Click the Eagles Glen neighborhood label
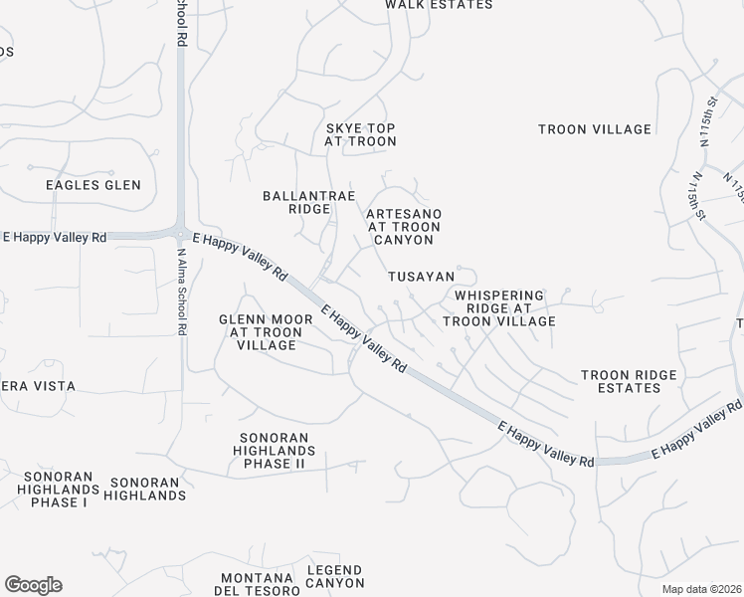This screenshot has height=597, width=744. click(93, 185)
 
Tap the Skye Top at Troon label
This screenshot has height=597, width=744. click(360, 135)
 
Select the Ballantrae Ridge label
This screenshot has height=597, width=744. click(295, 202)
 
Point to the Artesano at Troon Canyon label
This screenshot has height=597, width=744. click(403, 227)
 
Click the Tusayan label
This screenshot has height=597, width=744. click(422, 277)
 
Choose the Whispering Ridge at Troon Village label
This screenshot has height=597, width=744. click(498, 308)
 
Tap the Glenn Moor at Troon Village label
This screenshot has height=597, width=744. click(259, 332)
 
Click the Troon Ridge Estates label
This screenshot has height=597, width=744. click(629, 382)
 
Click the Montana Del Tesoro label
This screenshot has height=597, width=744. click(256, 584)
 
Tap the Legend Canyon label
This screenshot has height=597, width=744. click(335, 577)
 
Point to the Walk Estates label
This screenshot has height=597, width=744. click(439, 5)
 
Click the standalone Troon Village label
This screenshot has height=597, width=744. click(595, 129)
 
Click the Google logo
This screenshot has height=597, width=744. click(33, 585)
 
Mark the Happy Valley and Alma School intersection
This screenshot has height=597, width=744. click(181, 235)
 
